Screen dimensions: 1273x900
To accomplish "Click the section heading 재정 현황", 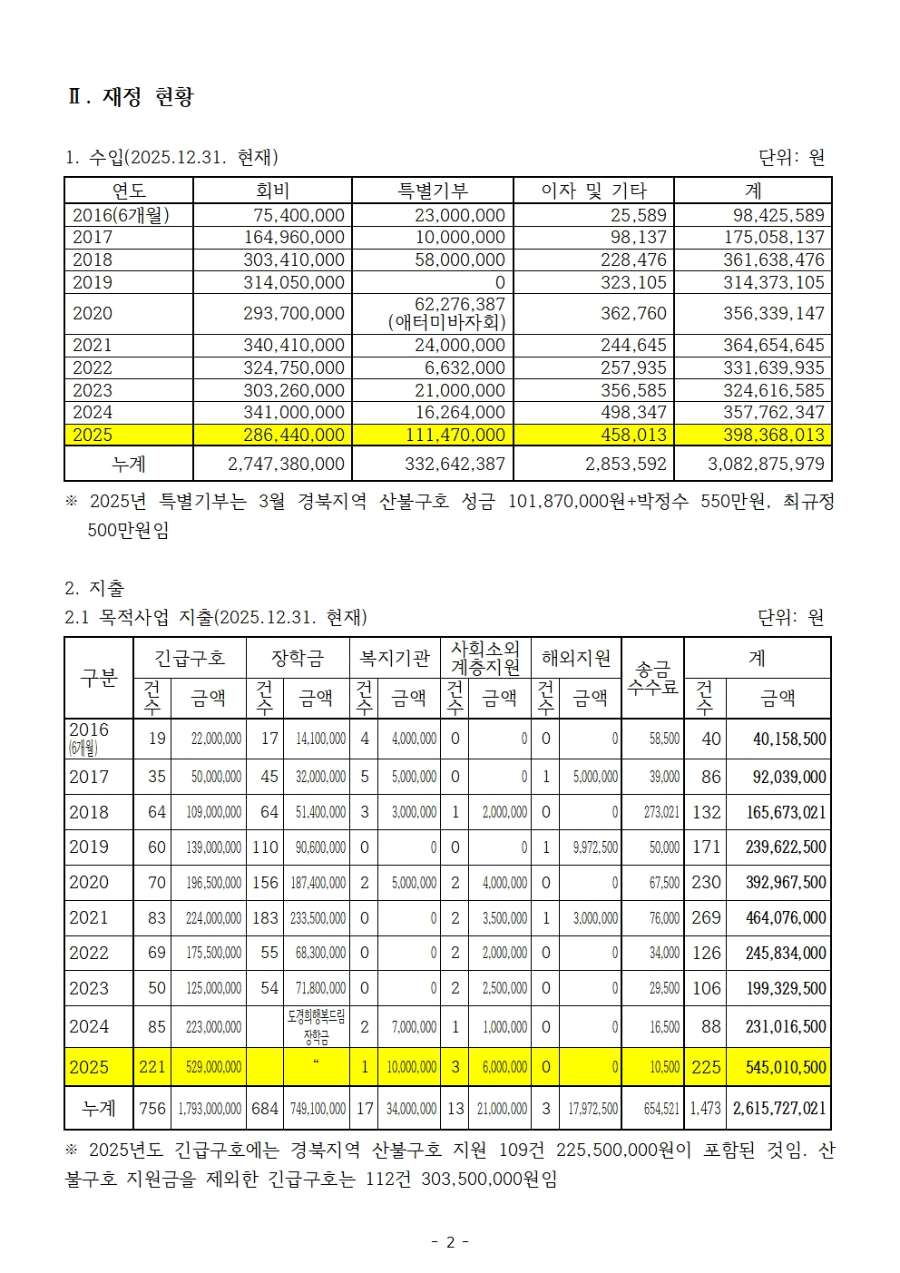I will [148, 97].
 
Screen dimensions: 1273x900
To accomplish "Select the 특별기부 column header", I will [433, 191].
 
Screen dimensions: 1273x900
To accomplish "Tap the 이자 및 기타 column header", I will [593, 191].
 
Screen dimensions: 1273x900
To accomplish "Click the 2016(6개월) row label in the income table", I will [121, 215].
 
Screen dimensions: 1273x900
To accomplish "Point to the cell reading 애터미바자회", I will [446, 322].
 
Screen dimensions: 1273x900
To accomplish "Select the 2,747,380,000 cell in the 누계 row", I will [286, 465].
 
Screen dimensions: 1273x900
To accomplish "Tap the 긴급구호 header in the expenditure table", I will [190, 658].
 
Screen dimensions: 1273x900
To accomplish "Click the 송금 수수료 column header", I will [652, 678].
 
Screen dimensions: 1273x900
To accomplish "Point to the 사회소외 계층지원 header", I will [485, 658].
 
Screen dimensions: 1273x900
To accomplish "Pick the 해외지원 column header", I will [576, 658].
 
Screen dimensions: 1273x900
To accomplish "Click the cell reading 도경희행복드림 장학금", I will [316, 1026].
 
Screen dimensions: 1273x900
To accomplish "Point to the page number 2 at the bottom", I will [450, 1242].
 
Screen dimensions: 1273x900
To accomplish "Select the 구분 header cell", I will [99, 678].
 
